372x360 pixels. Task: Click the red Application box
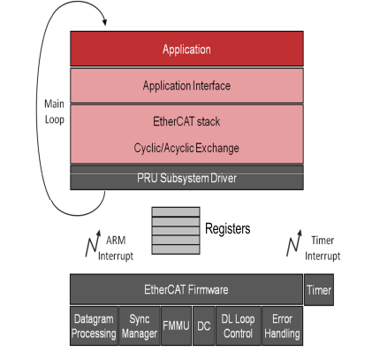click(186, 50)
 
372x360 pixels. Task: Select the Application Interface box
click(186, 86)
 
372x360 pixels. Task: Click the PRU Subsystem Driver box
click(186, 178)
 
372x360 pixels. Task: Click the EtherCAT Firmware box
click(186, 289)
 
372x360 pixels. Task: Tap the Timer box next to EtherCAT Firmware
click(319, 289)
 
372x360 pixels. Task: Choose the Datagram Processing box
click(94, 326)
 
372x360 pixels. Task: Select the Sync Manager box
click(139, 326)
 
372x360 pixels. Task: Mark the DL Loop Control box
click(236, 326)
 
